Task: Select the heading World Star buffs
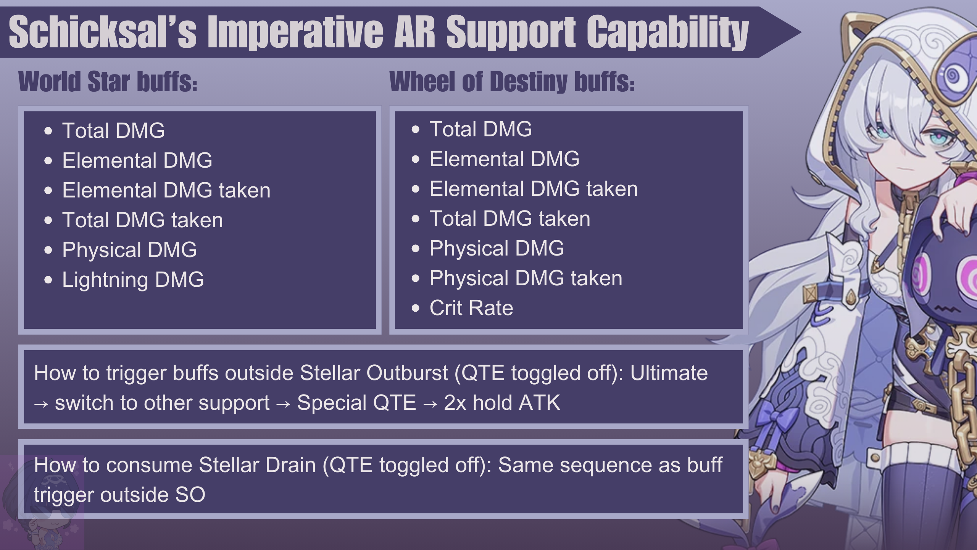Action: [108, 81]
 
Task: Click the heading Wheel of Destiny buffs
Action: [512, 82]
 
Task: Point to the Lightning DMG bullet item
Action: [133, 280]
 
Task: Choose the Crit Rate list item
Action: [471, 308]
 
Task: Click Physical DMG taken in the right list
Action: [526, 278]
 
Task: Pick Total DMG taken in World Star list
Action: [143, 220]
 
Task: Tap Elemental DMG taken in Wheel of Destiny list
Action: [534, 189]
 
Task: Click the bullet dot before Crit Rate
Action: [416, 308]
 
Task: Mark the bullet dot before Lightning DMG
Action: [48, 280]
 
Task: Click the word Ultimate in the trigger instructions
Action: [669, 373]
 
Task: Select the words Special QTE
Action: [356, 403]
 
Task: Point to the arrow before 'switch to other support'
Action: [41, 404]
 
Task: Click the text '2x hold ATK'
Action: [502, 403]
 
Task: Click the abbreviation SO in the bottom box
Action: [190, 495]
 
